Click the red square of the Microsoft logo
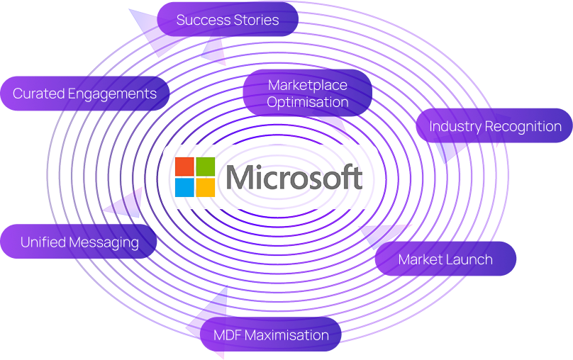[x=184, y=167]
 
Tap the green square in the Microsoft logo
[x=206, y=167]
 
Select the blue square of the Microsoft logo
[x=184, y=187]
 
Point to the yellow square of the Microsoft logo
[x=206, y=187]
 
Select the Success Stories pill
[x=227, y=20]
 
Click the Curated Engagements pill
[x=84, y=94]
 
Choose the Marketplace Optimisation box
[x=308, y=94]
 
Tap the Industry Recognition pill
[x=494, y=127]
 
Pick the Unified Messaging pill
[x=79, y=242]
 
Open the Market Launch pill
[x=445, y=259]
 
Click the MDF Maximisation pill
[x=271, y=335]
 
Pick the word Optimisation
[x=308, y=102]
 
